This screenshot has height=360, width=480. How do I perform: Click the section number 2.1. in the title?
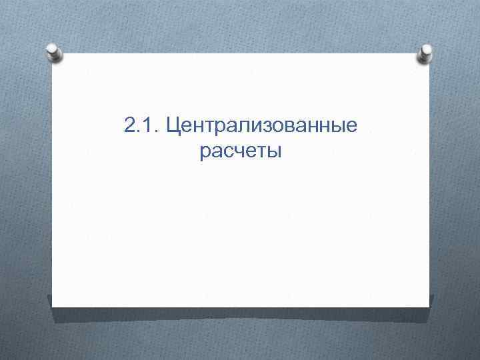[141, 125]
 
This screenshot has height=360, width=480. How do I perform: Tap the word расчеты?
[240, 152]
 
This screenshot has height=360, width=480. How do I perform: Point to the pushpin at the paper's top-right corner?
[425, 55]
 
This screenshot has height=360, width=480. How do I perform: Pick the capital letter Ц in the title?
[173, 125]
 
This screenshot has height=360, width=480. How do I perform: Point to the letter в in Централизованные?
[281, 127]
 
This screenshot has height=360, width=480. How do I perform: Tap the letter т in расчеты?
[261, 153]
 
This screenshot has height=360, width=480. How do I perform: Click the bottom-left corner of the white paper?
[53, 306]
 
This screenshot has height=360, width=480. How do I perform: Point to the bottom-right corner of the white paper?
[429, 306]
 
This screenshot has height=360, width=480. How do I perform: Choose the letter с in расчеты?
[227, 153]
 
